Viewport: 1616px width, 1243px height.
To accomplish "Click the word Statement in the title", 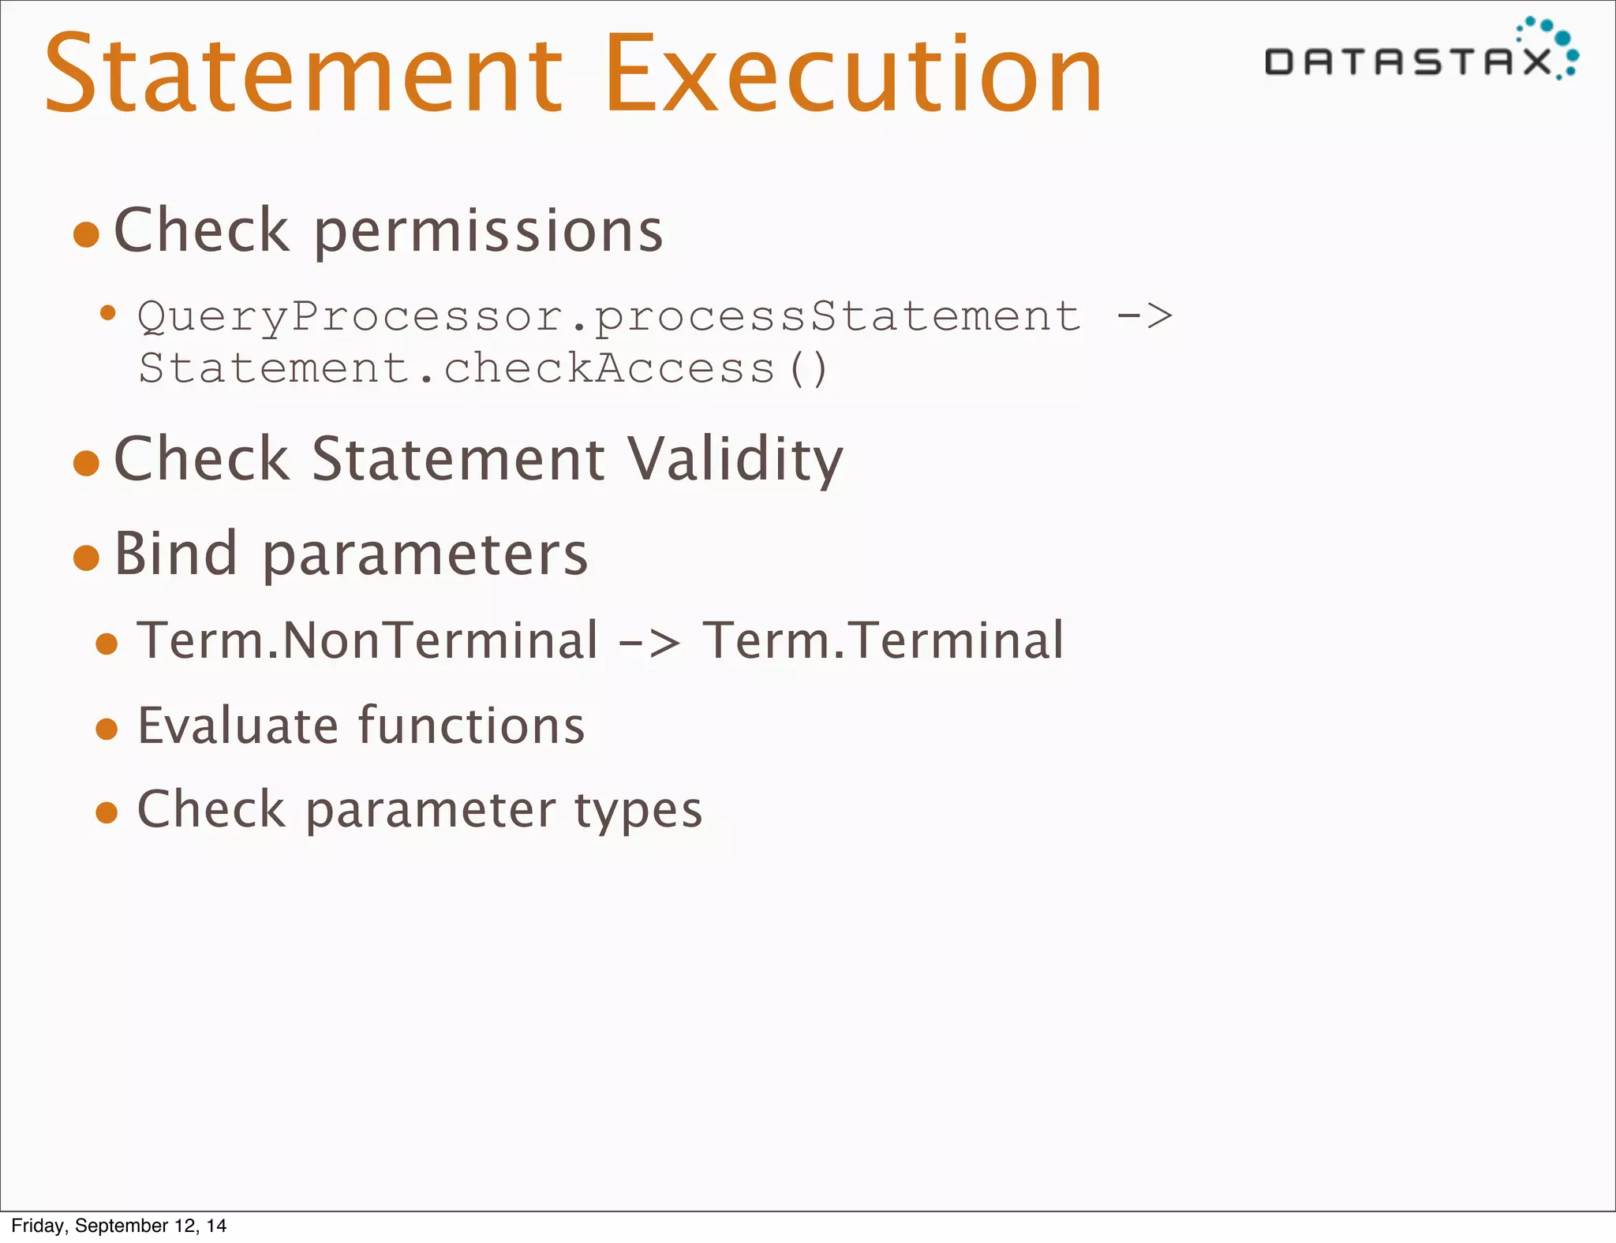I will coord(304,75).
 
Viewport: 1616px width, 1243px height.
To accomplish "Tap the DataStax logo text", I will coord(1408,62).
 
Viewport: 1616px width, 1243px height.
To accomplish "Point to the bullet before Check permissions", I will coord(86,234).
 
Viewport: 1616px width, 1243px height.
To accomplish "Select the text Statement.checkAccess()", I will coord(483,368).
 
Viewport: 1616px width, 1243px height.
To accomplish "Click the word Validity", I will coord(735,459).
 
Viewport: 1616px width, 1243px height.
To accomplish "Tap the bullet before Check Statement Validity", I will coord(86,463).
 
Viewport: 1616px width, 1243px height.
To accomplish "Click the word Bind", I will coord(175,554).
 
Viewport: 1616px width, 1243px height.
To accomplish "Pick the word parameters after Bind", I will coord(425,555).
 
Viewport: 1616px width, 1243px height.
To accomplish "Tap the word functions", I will coord(471,726).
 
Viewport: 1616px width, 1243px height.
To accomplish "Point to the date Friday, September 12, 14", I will coord(119,1226).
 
